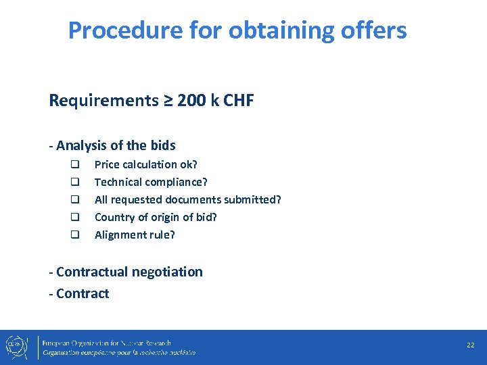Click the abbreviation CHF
point(238,101)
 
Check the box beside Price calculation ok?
point(76,164)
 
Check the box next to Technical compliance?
point(76,182)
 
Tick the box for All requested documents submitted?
point(76,199)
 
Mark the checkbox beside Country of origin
point(76,217)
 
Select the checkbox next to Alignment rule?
point(76,235)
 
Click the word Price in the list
point(106,164)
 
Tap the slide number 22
point(470,345)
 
